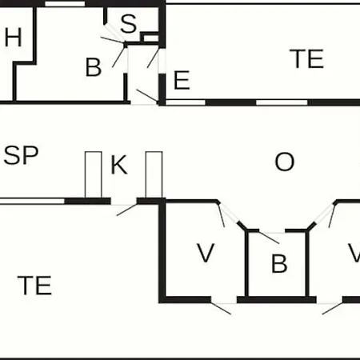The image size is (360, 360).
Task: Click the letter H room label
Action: (13, 37)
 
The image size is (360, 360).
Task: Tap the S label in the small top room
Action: (129, 24)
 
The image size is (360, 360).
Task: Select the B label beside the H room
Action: (94, 67)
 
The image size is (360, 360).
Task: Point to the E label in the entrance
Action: (182, 80)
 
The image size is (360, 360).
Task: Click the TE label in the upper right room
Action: (306, 59)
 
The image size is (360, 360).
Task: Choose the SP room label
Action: (21, 155)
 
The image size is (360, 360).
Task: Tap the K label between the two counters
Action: (119, 165)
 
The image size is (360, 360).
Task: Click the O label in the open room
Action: (285, 162)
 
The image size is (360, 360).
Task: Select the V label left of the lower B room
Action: (206, 253)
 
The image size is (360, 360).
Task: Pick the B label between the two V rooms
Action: (279, 263)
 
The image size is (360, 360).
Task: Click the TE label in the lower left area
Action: (34, 286)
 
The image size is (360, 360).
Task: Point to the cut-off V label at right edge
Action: (354, 253)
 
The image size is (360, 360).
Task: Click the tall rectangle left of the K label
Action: (94, 174)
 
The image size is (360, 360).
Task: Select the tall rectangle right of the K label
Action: (154, 174)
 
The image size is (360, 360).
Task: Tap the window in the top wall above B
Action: (65, 4)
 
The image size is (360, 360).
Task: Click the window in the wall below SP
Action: (32, 201)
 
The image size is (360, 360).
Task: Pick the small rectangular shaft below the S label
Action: (151, 38)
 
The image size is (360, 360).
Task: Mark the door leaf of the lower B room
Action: (269, 238)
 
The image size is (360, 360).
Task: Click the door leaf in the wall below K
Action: (127, 210)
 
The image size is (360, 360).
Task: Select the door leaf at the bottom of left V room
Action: (221, 308)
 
